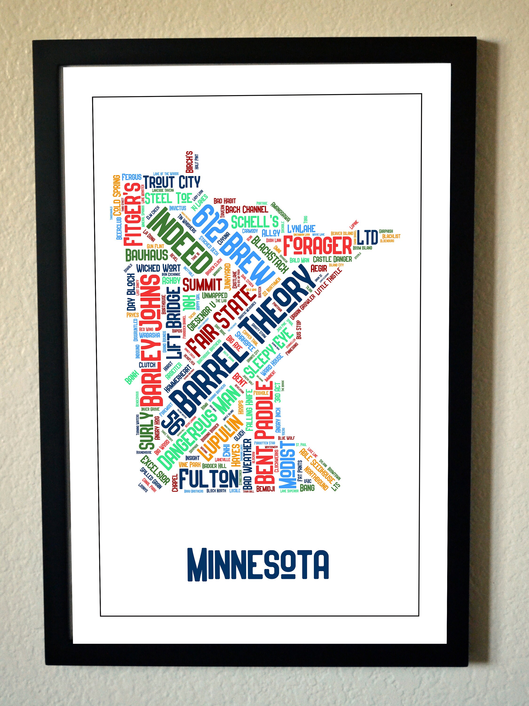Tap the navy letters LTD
point(367,237)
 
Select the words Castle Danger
point(332,259)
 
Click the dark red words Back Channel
point(246,209)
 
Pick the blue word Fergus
point(132,176)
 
